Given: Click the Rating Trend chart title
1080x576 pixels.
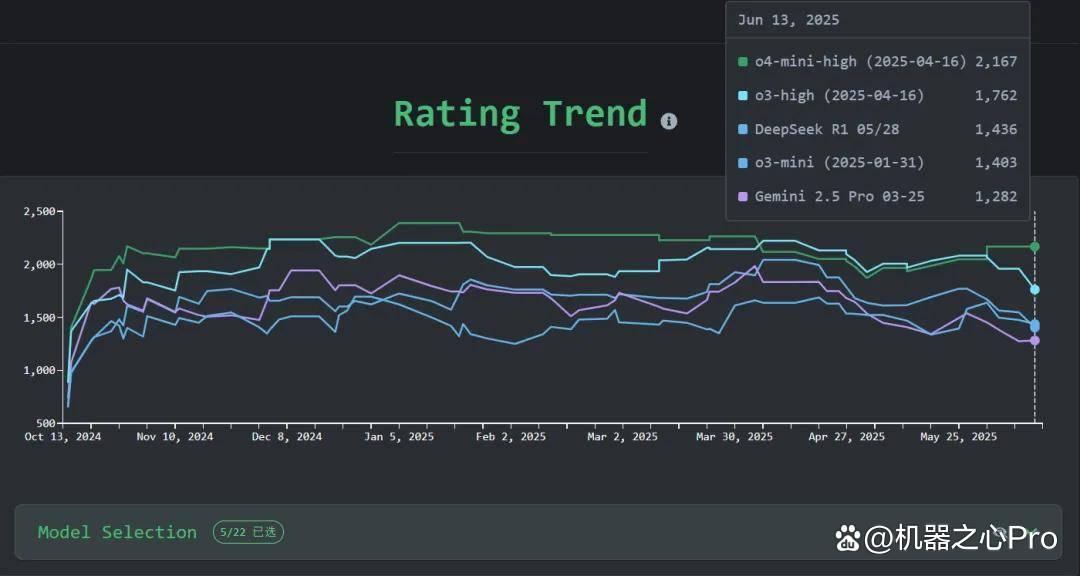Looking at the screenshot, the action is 520,114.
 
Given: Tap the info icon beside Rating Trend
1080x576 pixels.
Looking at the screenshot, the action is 669,121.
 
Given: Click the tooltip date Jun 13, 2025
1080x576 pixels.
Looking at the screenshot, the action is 789,20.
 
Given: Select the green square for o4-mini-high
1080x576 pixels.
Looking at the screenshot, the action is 742,61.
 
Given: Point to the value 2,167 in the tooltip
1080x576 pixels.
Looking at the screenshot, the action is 996,61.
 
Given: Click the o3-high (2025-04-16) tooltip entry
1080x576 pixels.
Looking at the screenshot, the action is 840,95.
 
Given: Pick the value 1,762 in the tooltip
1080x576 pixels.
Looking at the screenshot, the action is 996,95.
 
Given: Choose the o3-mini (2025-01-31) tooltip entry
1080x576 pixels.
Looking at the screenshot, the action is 840,163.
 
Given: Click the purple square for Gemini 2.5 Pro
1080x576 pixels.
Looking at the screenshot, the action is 742,196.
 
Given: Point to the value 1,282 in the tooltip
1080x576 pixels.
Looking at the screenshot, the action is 996,196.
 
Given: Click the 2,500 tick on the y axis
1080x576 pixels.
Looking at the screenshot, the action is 39,212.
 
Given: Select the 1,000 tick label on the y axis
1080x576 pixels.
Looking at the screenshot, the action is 39,370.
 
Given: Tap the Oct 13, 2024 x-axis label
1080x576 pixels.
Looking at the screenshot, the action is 63,437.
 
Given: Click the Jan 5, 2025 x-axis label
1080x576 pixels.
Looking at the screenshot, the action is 399,437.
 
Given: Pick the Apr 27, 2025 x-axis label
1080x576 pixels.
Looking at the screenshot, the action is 847,437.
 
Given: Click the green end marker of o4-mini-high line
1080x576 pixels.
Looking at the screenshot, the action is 1035,247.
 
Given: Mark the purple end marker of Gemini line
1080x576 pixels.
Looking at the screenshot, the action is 1035,340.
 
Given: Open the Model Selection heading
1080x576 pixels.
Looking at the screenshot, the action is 117,532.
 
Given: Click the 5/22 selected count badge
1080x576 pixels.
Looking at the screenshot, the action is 248,532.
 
